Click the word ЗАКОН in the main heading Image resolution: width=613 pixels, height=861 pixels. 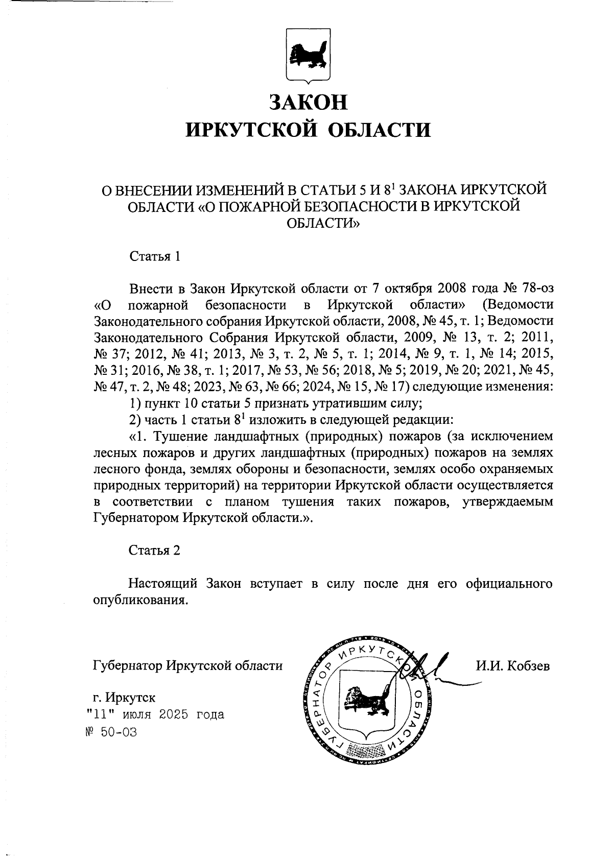[x=308, y=102]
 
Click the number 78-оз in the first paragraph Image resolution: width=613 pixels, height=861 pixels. [x=534, y=288]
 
